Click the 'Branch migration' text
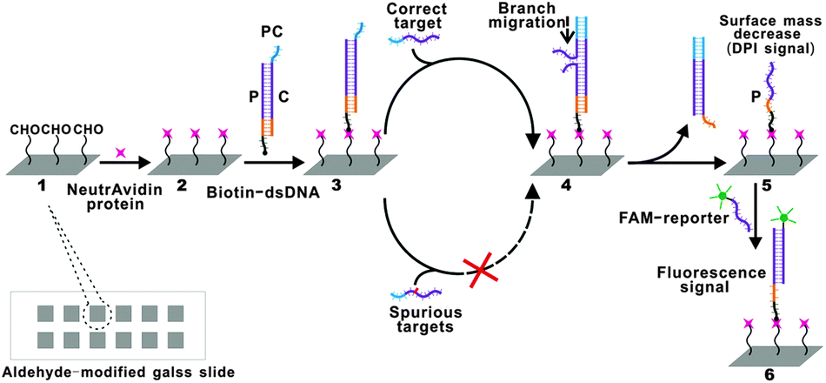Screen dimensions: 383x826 coord(545,15)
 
